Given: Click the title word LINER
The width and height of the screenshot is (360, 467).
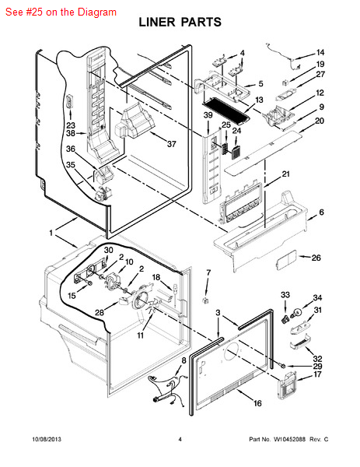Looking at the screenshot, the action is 157,23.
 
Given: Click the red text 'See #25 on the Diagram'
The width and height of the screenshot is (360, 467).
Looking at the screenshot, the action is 61,12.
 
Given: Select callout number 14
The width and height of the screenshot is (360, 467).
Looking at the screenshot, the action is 320,52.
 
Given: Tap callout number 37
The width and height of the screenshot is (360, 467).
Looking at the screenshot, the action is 172,144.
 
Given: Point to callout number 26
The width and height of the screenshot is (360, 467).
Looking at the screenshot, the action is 316,258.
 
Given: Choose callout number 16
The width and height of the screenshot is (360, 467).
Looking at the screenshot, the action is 257,403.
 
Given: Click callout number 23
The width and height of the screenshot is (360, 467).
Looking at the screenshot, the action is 71,125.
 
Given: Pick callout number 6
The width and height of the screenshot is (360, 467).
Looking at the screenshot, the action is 322,212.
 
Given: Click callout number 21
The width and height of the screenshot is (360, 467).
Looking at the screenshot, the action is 286,174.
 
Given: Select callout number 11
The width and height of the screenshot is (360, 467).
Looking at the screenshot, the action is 141,335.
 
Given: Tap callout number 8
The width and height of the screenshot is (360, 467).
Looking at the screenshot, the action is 183,360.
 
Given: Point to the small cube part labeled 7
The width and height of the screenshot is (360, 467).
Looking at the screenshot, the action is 205,300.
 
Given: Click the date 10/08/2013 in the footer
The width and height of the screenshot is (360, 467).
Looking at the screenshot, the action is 47,439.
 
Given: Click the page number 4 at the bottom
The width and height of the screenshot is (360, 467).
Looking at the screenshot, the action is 180,439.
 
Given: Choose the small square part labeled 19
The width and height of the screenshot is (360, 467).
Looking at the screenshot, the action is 285,82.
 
